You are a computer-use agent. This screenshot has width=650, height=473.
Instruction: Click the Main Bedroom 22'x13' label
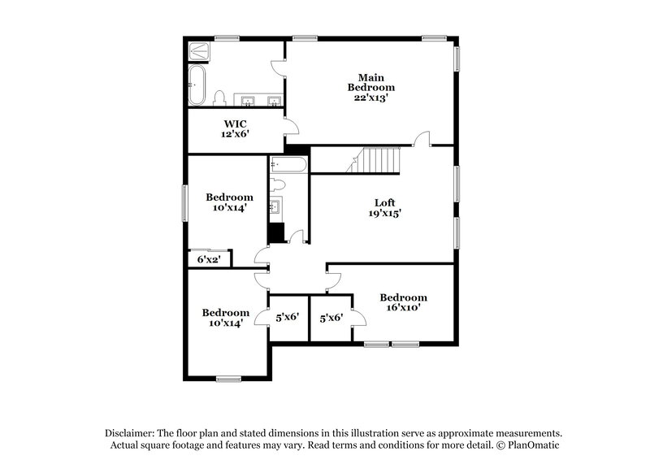point(371,87)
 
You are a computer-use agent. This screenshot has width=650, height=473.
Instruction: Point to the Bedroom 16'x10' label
point(403,303)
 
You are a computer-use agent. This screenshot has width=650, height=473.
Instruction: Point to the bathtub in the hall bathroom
point(288,163)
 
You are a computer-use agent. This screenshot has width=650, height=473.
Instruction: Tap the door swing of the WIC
point(291,126)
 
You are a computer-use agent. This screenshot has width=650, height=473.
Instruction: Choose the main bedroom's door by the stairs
point(422,139)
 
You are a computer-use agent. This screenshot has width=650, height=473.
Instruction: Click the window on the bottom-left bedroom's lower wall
point(228,378)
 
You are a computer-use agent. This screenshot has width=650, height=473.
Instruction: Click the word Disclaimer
point(131,434)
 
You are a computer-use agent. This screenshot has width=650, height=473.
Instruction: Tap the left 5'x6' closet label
point(288,319)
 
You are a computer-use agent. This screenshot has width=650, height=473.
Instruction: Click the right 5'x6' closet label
point(331,319)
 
